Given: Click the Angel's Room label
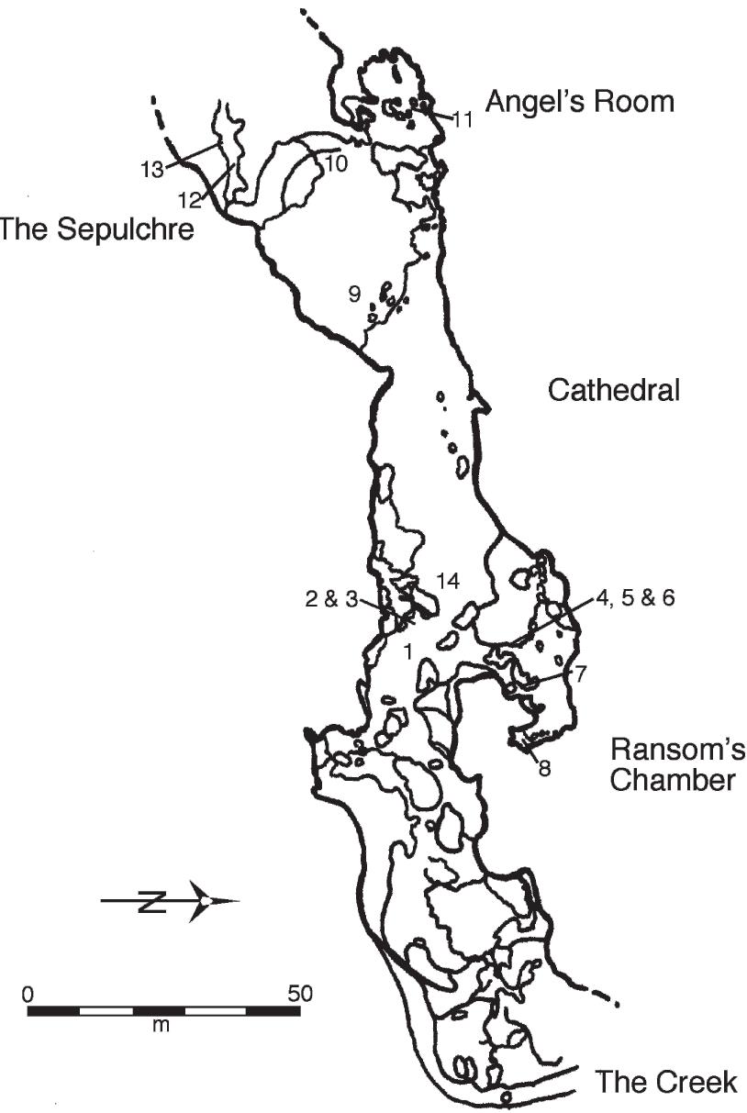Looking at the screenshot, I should tap(579, 101).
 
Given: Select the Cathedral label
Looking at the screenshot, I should tap(613, 391).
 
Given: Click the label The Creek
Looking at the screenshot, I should tap(665, 1082).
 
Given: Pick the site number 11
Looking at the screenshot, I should tap(463, 119).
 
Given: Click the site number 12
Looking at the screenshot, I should tap(189, 197).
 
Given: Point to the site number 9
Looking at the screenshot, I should tap(354, 295).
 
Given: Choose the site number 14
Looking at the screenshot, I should tap(448, 582).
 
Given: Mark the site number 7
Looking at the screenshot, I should tap(580, 673).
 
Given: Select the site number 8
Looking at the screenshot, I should tap(544, 769).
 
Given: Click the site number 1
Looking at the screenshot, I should tap(407, 651).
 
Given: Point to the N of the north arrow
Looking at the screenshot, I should tap(151, 901).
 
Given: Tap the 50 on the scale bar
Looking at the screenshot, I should tap(300, 993).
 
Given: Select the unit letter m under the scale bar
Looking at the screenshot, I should tap(162, 1025).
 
